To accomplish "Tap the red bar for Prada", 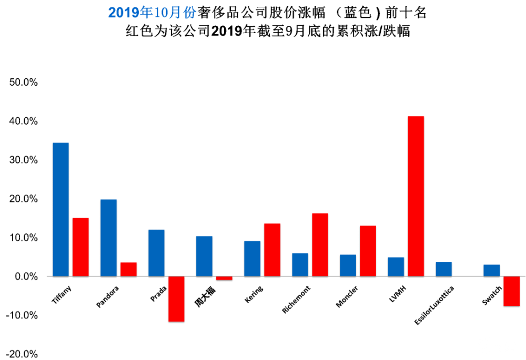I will (x=176, y=299).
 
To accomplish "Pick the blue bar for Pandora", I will (x=108, y=238).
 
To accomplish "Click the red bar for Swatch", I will (x=511, y=291).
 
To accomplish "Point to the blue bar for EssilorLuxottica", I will (x=443, y=269).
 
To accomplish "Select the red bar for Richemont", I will (x=320, y=244).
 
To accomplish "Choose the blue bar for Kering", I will (x=252, y=259).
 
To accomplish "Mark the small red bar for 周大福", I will (x=224, y=278).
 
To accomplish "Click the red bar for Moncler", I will (x=368, y=251).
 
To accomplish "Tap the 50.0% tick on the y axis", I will (x=22, y=83).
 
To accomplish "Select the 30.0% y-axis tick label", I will (x=22, y=160).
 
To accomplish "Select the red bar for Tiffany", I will (x=80, y=247).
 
